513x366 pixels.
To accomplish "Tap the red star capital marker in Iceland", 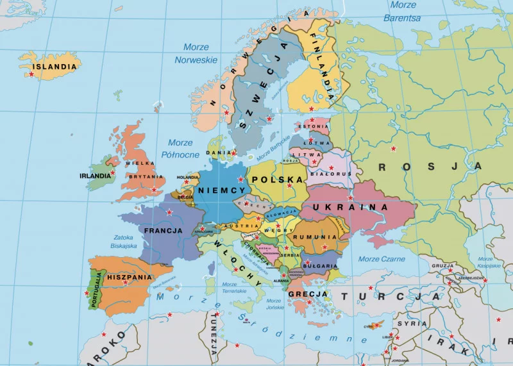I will [x=31, y=75].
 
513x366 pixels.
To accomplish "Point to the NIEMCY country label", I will [x=222, y=190].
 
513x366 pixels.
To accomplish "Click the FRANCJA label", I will [x=164, y=231].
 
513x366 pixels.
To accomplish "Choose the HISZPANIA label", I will [x=130, y=278].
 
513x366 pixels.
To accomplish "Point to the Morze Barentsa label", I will [x=402, y=12].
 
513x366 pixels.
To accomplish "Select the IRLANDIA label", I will [x=95, y=176].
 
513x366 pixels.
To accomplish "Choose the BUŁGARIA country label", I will [x=321, y=265].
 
